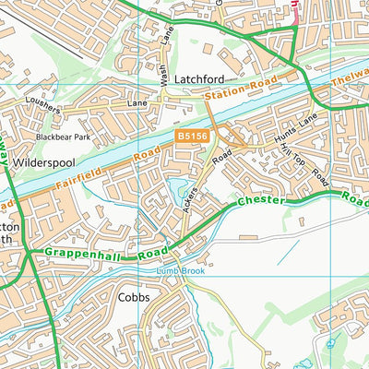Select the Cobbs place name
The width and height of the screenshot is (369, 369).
tap(134, 298)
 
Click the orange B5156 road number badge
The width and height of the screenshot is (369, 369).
tap(190, 137)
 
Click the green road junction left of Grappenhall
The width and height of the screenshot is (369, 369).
tap(30, 252)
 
